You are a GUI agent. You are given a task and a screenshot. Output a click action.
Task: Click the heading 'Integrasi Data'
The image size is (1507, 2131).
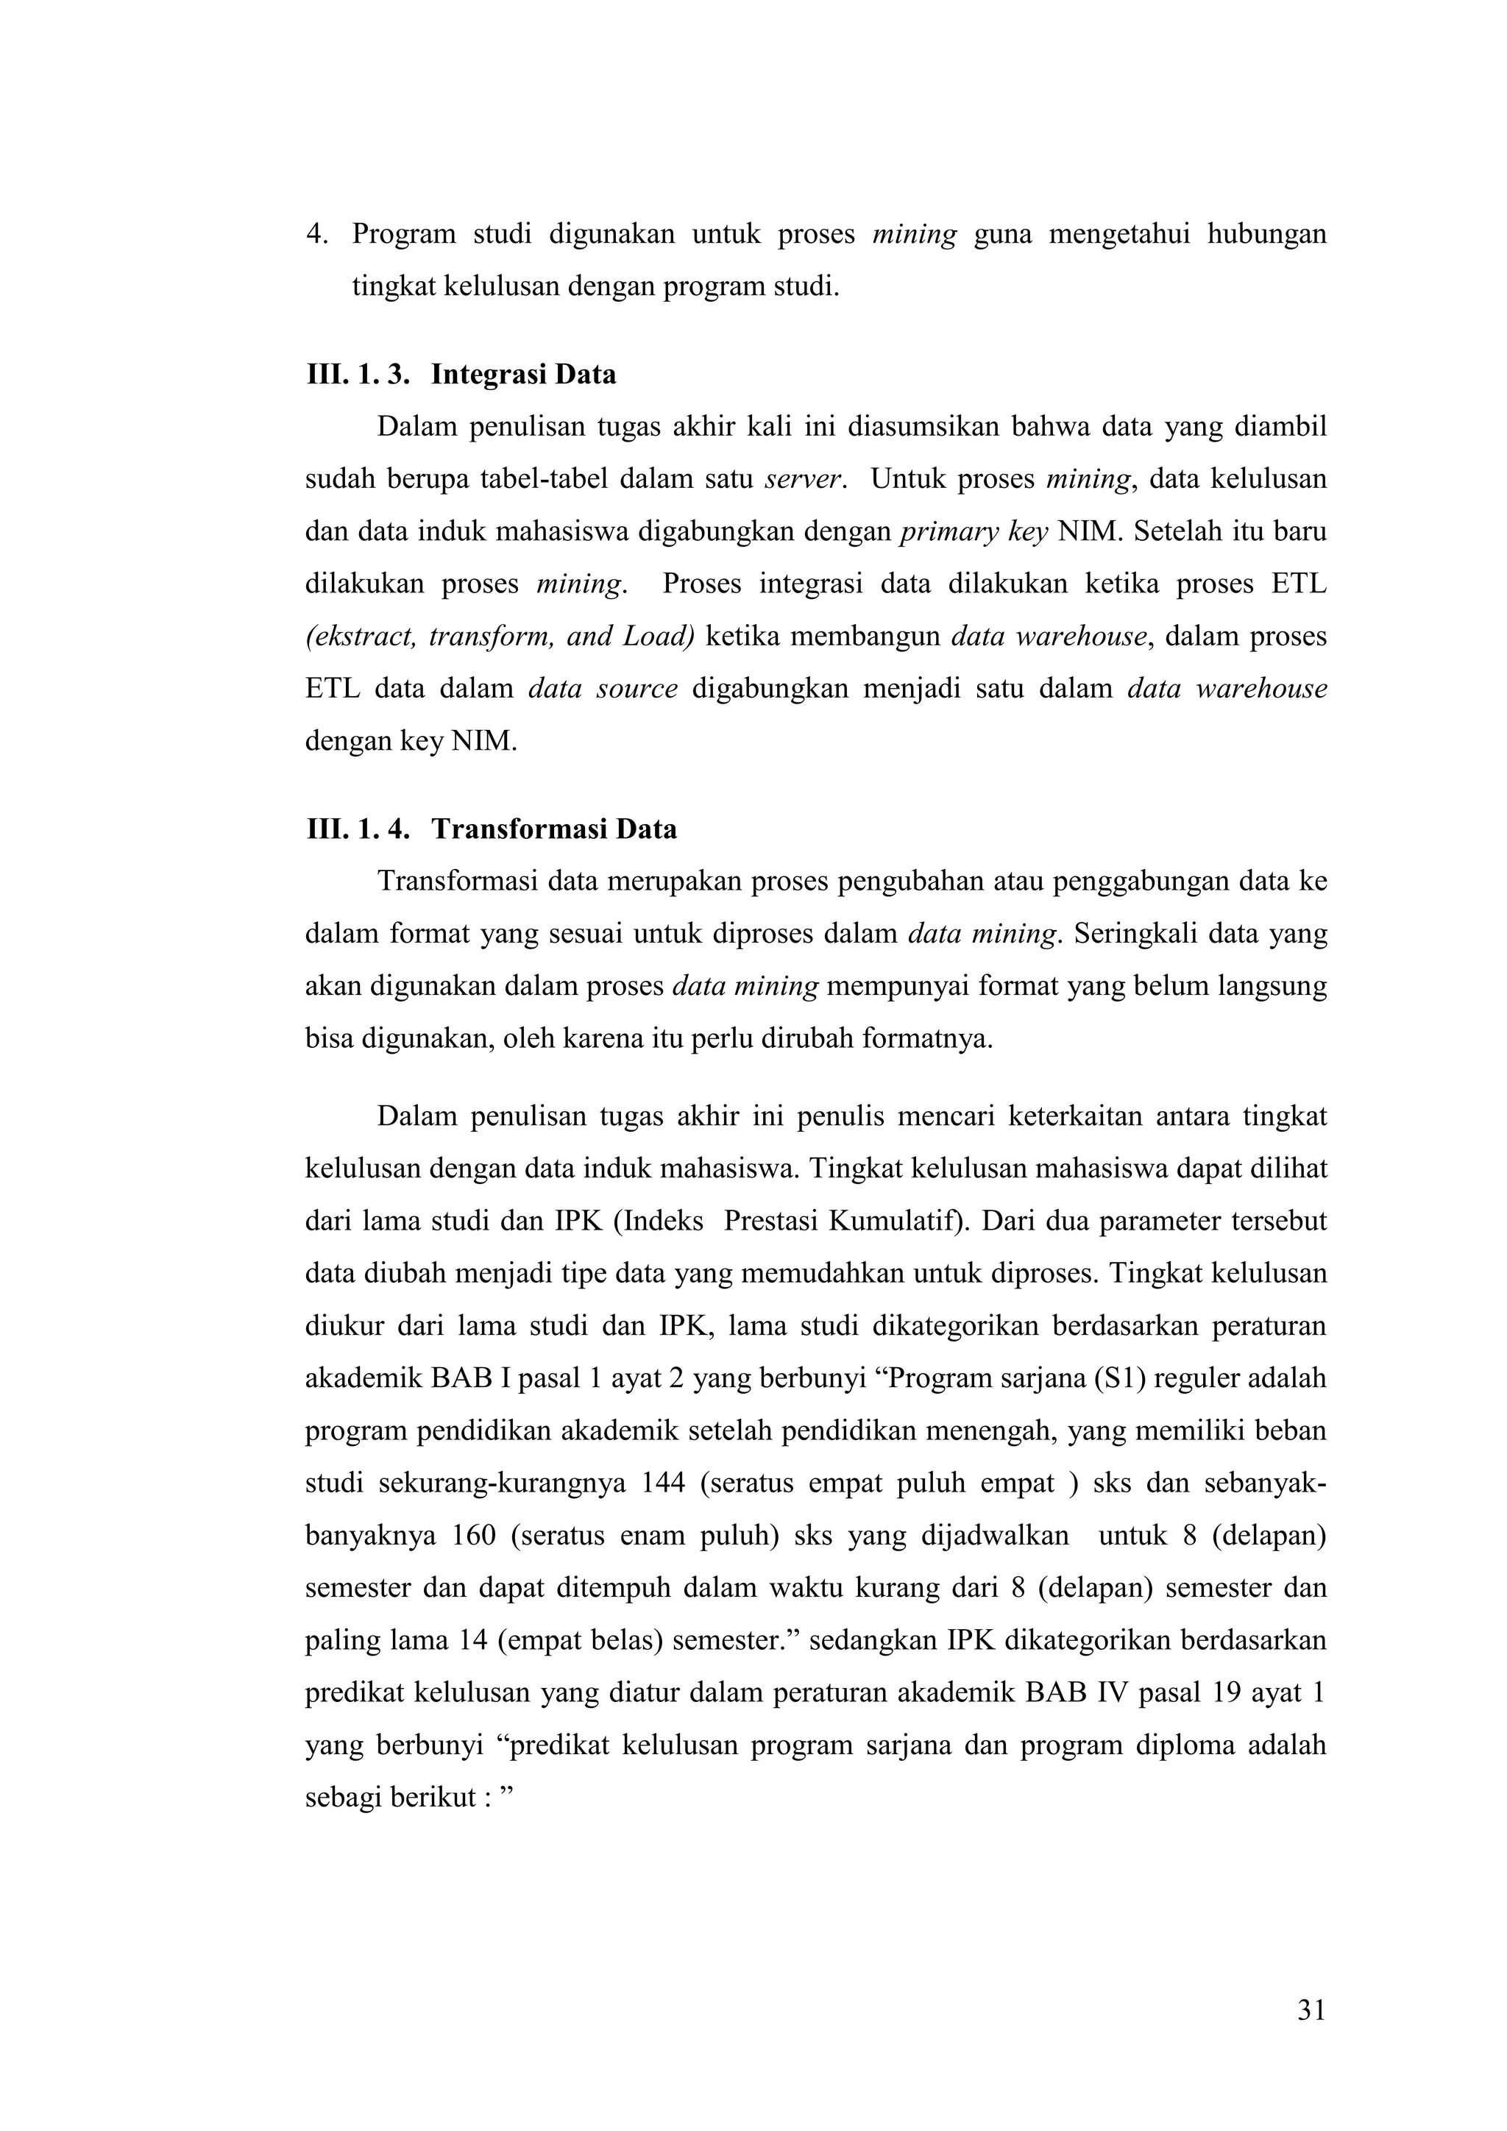523,375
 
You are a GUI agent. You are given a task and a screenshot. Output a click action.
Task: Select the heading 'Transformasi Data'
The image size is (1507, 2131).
554,829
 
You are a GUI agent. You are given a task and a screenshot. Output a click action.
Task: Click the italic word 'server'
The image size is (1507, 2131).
803,480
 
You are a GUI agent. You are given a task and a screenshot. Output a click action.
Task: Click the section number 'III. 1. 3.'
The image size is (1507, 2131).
358,375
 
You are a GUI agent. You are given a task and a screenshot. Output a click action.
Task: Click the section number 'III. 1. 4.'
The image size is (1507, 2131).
358,829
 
